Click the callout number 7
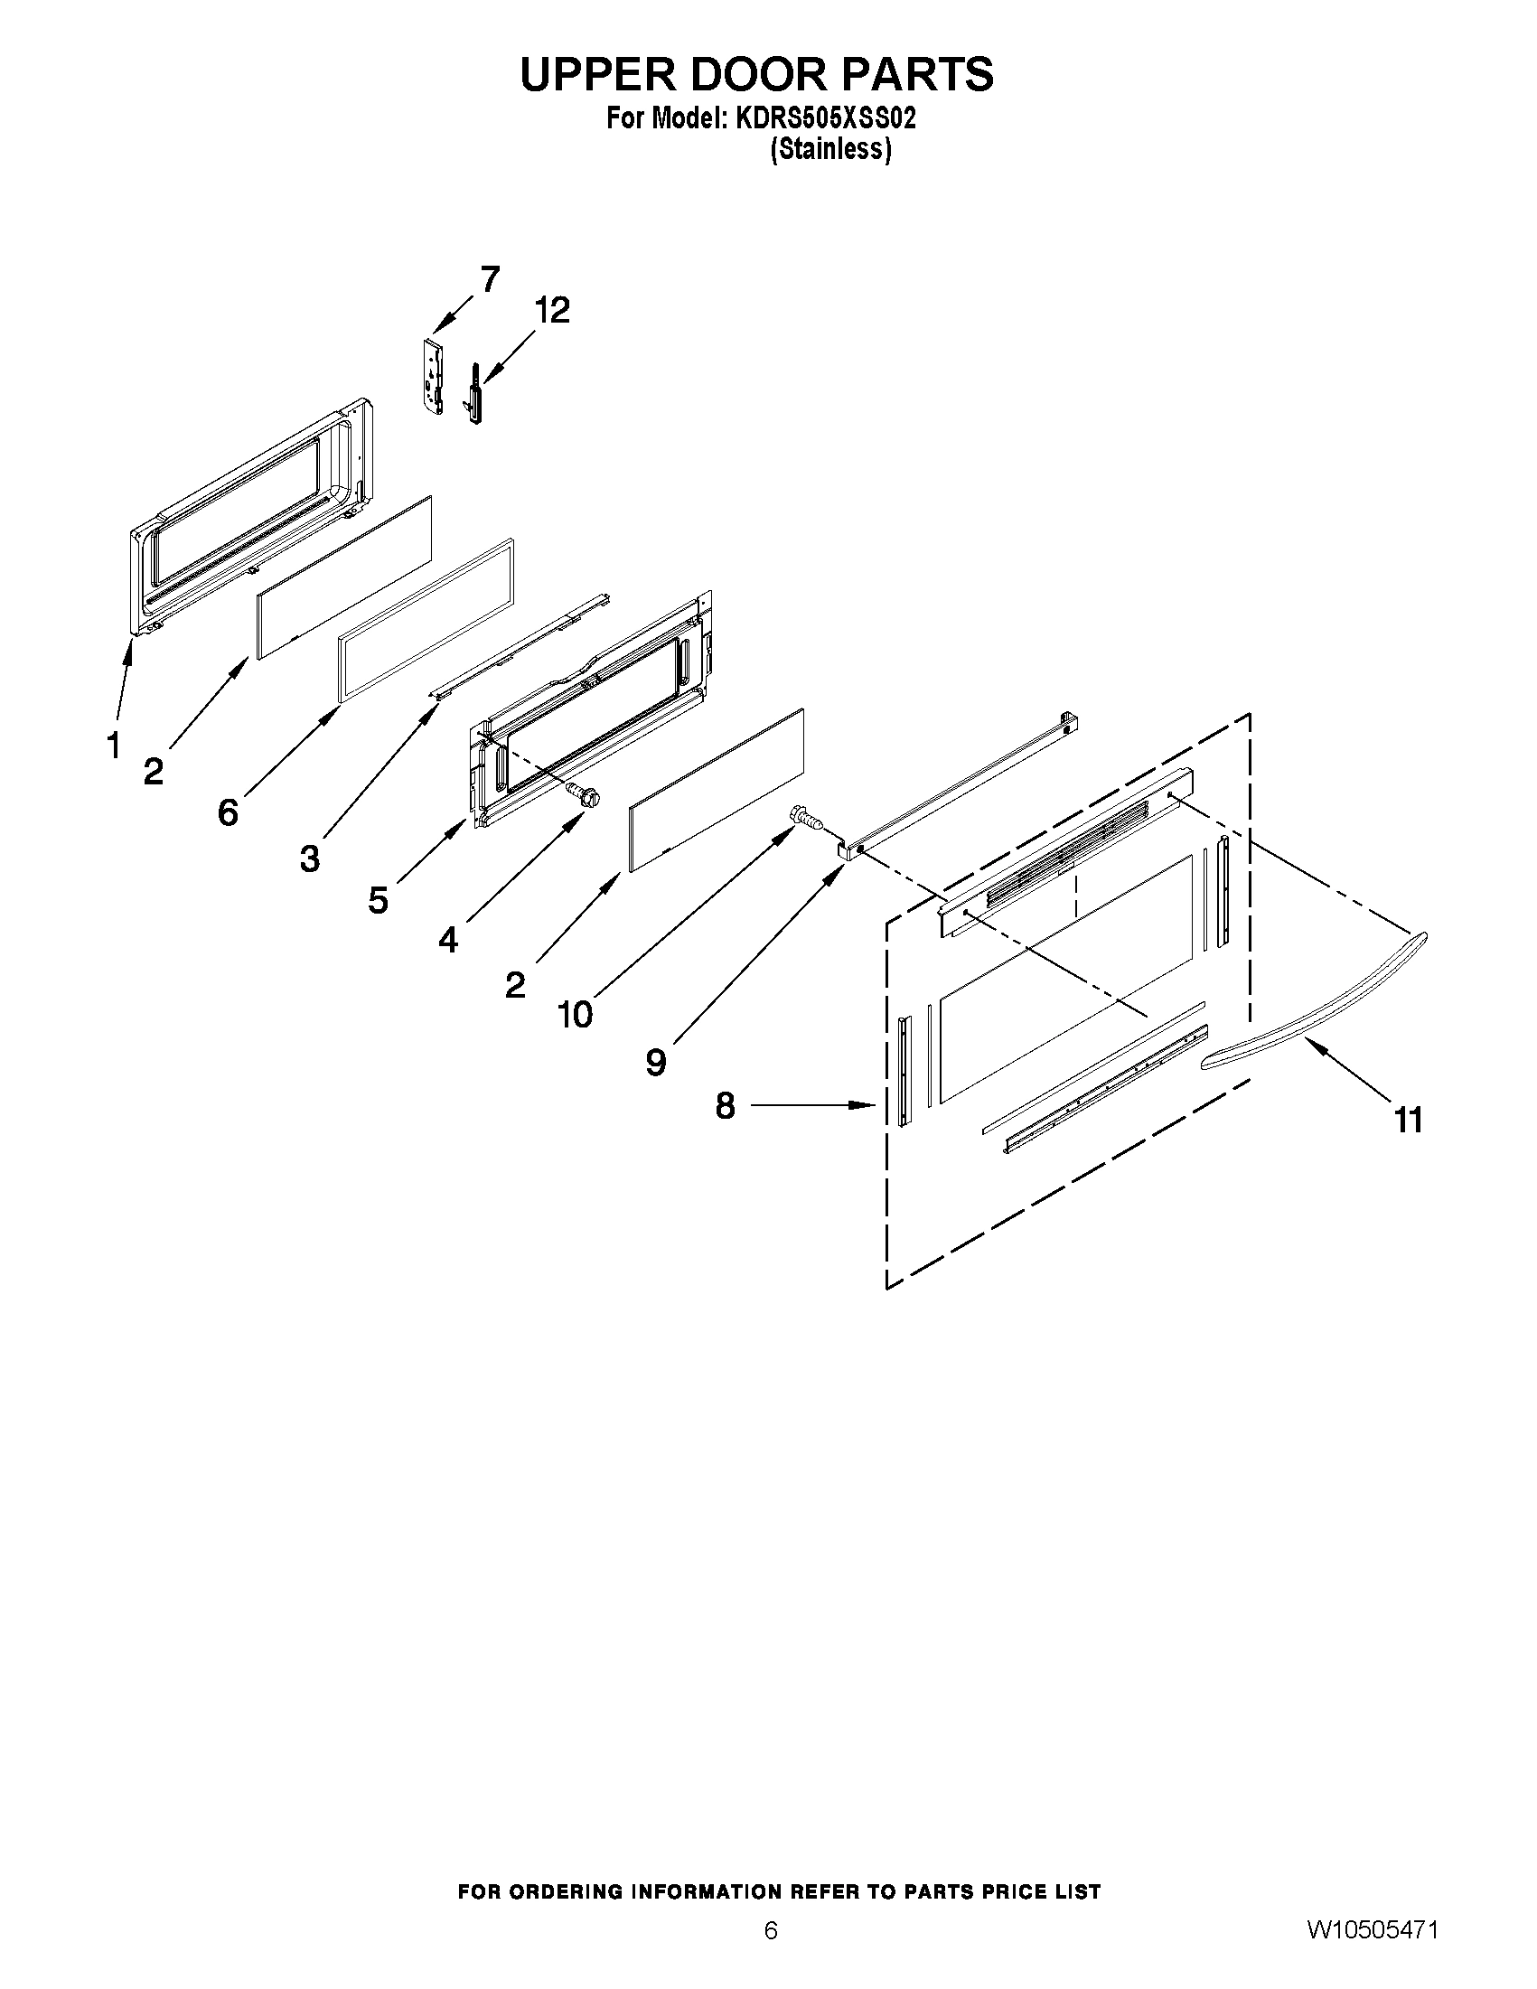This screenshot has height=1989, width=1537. tap(490, 279)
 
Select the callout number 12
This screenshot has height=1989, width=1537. tap(552, 311)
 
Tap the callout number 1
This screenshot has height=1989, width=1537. tap(113, 746)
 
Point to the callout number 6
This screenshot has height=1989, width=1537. tap(228, 812)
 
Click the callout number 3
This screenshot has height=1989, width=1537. tap(311, 858)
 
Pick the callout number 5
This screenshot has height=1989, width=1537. tap(379, 900)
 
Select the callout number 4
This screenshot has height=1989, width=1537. tap(448, 939)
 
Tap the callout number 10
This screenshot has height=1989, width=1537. tap(576, 1014)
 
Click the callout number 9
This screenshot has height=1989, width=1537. tap(656, 1062)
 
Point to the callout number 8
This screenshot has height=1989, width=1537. tap(725, 1105)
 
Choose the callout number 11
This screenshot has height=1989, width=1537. tap(1409, 1120)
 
